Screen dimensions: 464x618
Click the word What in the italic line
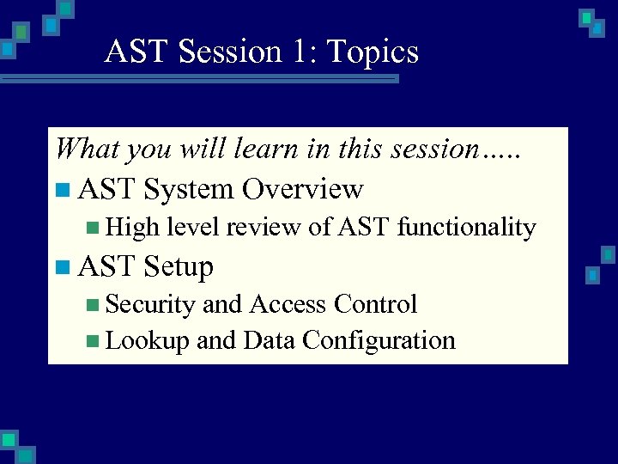click(87, 149)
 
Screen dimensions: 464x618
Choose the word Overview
click(303, 188)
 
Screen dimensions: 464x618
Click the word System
click(189, 188)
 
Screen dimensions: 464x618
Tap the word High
click(133, 228)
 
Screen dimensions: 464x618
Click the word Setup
click(179, 266)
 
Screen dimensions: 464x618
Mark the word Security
click(150, 304)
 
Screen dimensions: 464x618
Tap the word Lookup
click(147, 340)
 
